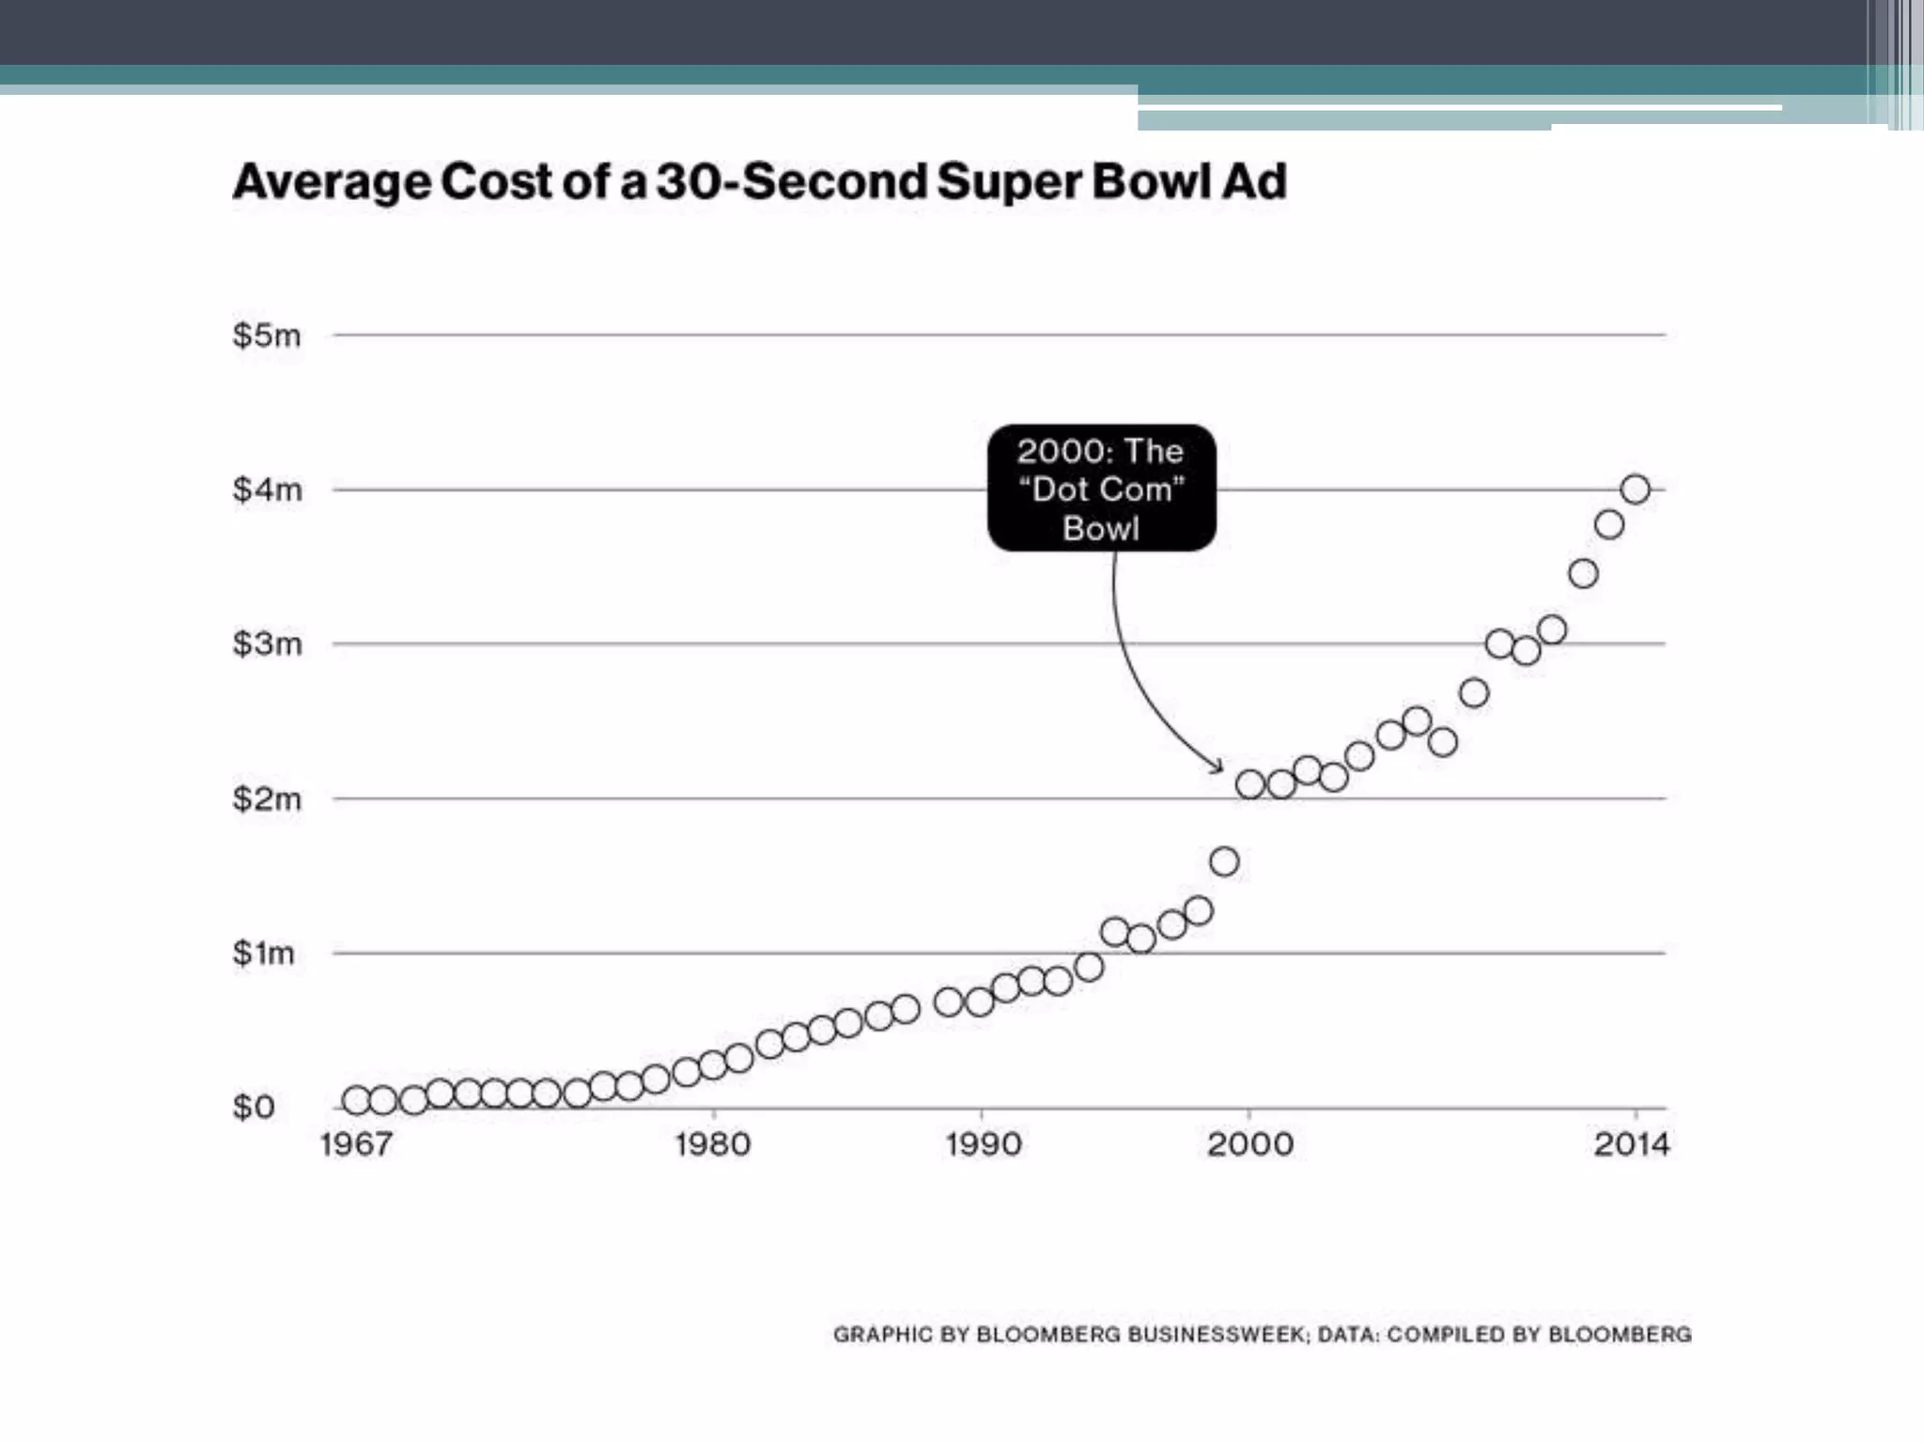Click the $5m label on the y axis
click(x=267, y=335)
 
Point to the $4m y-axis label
click(x=267, y=489)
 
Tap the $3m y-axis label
click(x=267, y=644)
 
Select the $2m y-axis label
click(x=267, y=799)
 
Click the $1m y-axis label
click(x=263, y=954)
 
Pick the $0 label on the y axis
click(x=254, y=1108)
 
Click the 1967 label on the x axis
click(x=355, y=1144)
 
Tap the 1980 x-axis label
click(x=713, y=1144)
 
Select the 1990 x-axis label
click(x=983, y=1144)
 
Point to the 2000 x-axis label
click(x=1249, y=1144)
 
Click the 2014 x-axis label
click(x=1632, y=1144)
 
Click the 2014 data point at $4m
click(x=1636, y=489)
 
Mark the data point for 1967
click(x=356, y=1100)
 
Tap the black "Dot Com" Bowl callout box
click(x=1101, y=489)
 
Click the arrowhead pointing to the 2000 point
click(x=1218, y=768)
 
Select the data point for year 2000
click(x=1250, y=784)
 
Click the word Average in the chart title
click(x=332, y=182)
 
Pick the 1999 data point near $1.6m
click(x=1224, y=861)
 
